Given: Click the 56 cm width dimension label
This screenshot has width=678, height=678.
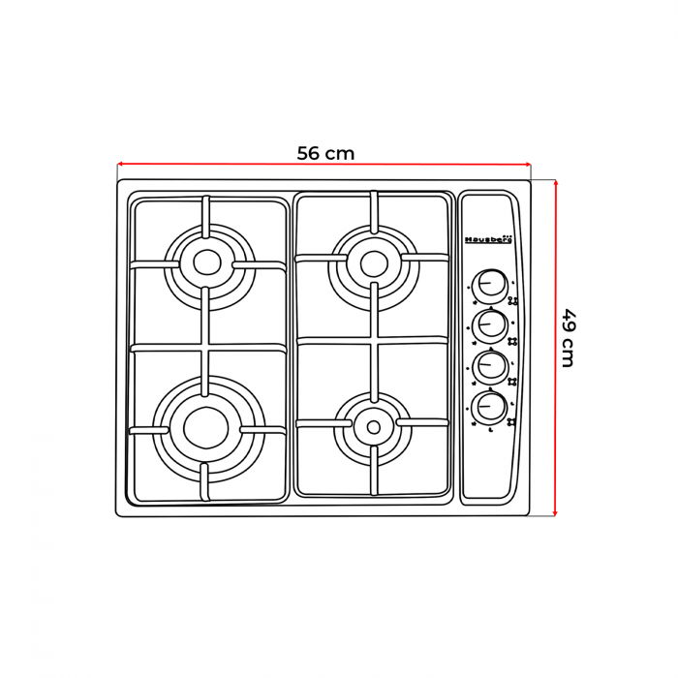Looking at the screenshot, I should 325,153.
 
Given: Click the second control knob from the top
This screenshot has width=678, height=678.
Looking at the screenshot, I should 491,324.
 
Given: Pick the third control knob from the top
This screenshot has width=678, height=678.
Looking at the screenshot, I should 491,366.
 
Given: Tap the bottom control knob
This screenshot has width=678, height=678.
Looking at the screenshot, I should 491,407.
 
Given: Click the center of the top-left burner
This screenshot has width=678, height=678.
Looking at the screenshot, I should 206,261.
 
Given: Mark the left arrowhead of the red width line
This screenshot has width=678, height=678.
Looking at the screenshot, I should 120,164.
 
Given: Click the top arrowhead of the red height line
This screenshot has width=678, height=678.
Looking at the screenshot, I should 556,181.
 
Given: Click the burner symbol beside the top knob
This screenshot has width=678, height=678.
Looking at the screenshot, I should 513,299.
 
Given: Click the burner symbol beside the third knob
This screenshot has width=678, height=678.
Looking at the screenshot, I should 512,382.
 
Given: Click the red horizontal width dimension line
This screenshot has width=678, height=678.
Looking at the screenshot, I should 242,165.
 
